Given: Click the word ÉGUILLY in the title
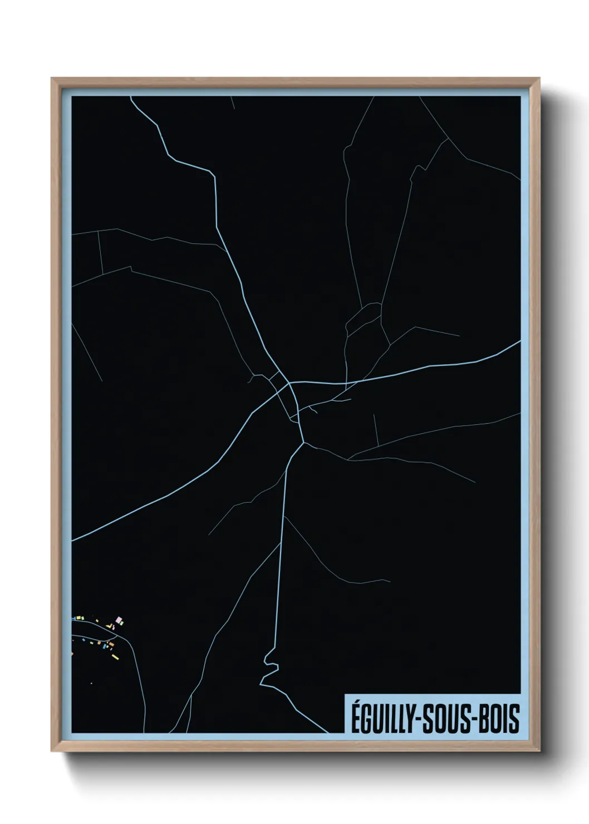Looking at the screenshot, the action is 381,718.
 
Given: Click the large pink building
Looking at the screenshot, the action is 119,620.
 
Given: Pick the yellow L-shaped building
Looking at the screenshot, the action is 110,626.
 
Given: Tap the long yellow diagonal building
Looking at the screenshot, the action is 115,657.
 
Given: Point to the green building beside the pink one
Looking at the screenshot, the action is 122,623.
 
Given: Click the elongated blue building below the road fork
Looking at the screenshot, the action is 104,646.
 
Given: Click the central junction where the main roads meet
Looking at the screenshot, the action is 289,384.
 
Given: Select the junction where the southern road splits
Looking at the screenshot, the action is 303,443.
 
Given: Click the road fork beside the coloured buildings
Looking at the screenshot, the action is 117,636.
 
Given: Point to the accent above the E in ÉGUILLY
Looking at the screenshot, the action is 356,703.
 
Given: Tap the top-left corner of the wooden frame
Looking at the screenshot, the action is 53,80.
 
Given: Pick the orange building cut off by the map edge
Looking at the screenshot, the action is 72,654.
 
